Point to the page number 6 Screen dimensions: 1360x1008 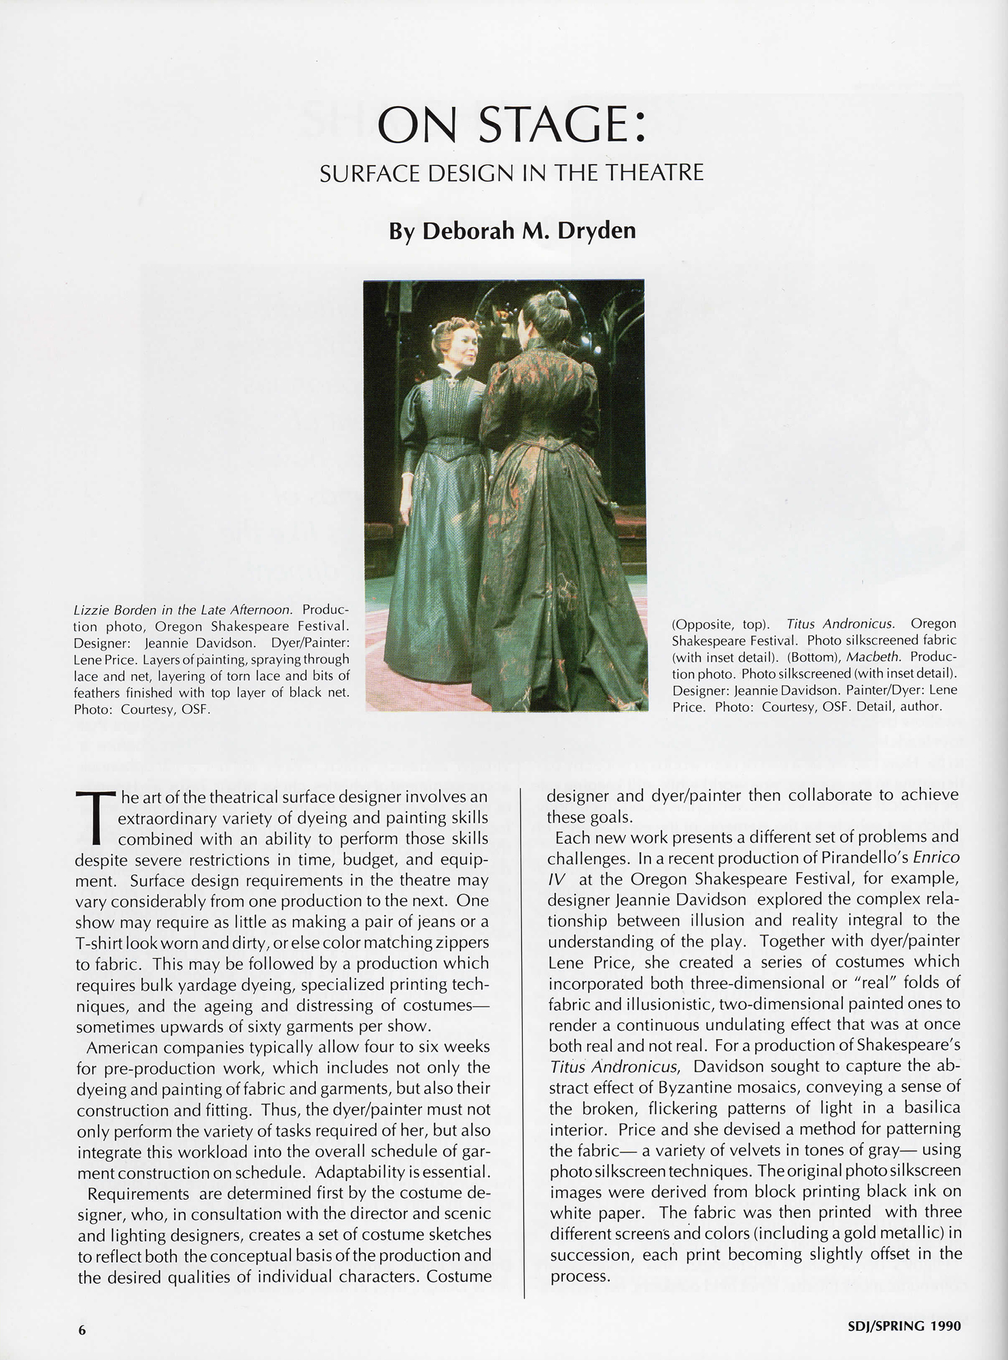(82, 1331)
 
